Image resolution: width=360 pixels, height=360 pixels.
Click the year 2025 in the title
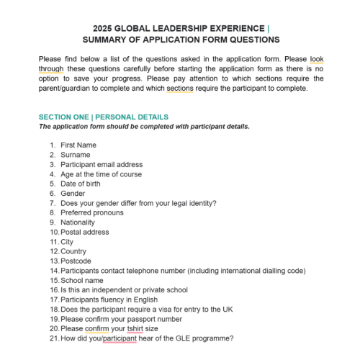(104, 29)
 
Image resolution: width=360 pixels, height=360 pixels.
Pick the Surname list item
(76, 155)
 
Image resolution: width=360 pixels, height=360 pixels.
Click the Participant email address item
(102, 164)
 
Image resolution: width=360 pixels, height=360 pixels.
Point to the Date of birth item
(82, 184)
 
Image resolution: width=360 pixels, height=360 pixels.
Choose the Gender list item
(73, 194)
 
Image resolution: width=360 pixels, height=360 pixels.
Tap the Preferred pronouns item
(93, 213)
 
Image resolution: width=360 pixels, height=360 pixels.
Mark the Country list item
(73, 252)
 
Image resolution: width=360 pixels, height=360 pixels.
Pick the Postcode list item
(76, 261)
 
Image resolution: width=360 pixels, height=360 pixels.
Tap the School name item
(82, 281)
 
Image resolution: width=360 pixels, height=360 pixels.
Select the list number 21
(54, 338)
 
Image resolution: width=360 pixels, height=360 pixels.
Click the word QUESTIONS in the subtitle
(252, 40)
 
